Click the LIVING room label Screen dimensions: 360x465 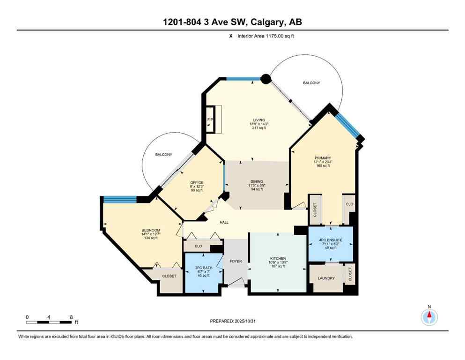click(x=255, y=120)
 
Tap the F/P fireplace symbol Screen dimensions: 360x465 click(x=210, y=120)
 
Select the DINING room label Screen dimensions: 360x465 click(x=256, y=181)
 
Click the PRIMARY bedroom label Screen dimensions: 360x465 click(x=323, y=158)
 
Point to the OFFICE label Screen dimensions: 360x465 click(x=196, y=183)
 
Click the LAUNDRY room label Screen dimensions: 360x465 click(x=326, y=278)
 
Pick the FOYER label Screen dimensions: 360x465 click(x=236, y=261)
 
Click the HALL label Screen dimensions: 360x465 click(x=224, y=222)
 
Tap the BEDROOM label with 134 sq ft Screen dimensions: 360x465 click(x=151, y=230)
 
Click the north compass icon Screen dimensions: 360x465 click(x=429, y=317)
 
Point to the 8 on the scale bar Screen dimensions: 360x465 click(x=71, y=317)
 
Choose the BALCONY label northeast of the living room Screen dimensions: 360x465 click(x=311, y=82)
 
